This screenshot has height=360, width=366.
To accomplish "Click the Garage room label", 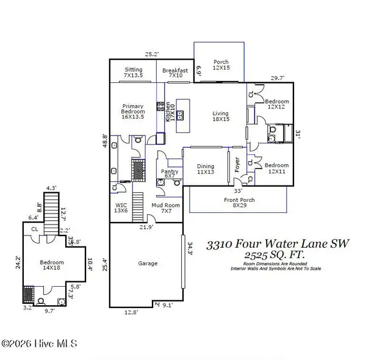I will pyautogui.click(x=148, y=264).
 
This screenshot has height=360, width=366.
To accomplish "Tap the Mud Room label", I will pyautogui.click(x=166, y=209).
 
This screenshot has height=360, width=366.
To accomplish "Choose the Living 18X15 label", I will pyautogui.click(x=220, y=117).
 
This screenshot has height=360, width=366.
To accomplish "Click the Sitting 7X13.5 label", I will pyautogui.click(x=133, y=73).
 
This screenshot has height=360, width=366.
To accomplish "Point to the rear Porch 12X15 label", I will pyautogui.click(x=220, y=65).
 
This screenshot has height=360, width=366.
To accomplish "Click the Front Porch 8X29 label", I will pyautogui.click(x=239, y=203).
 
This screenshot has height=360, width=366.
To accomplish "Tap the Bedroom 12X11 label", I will pyautogui.click(x=276, y=169).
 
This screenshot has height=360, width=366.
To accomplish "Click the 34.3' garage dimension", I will pyautogui.click(x=190, y=248).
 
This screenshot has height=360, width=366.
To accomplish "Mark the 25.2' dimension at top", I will pyautogui.click(x=151, y=54).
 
